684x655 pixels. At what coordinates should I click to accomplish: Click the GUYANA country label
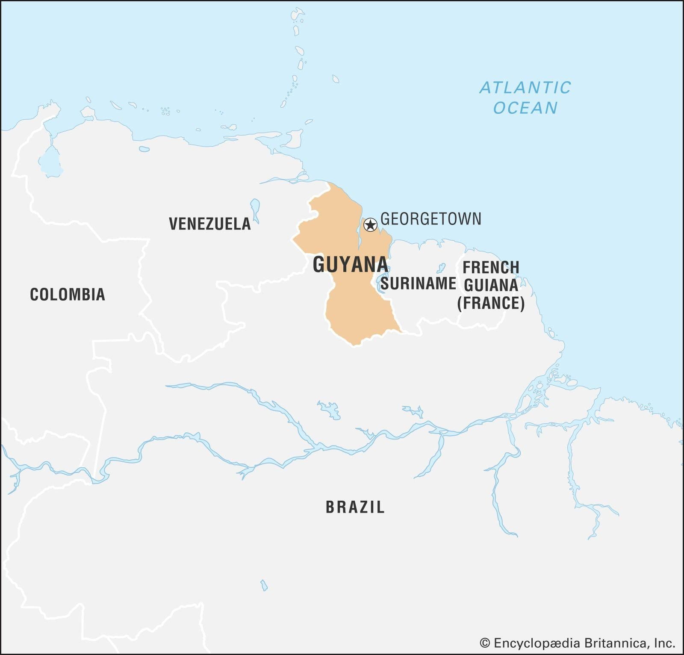point(350,265)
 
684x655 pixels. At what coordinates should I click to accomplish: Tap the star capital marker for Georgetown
point(370,224)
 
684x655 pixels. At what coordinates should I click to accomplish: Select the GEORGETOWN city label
point(430,219)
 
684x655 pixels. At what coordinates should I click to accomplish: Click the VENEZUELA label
point(209,224)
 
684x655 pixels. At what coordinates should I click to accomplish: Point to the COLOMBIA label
point(68,295)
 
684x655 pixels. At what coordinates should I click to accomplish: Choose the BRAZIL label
point(355,507)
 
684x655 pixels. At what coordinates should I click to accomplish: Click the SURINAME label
point(418,283)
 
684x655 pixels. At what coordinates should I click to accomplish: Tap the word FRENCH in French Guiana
point(491,268)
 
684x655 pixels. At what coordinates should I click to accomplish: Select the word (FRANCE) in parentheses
point(491,303)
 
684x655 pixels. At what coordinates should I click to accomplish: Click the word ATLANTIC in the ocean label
point(525,88)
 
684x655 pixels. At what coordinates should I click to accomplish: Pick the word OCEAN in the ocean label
point(525,108)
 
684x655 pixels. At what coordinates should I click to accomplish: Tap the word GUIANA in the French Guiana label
point(491,285)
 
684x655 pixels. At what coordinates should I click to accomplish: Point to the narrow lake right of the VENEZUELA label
point(255,209)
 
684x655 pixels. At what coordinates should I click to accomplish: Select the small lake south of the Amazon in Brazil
point(264,585)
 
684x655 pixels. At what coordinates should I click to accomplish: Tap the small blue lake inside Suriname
point(441,268)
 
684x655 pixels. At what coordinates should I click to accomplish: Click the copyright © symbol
point(485,643)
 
